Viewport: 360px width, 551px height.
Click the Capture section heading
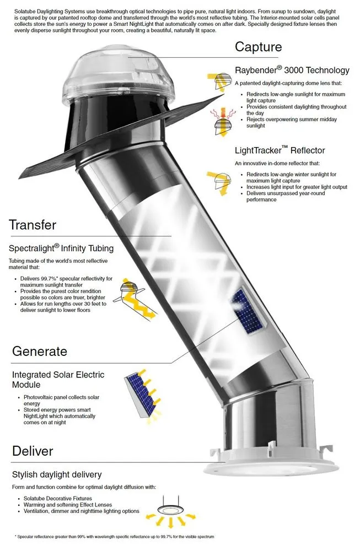pyautogui.click(x=258, y=47)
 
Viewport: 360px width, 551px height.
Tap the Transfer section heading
pyautogui.click(x=32, y=225)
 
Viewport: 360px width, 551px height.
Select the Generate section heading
pyautogui.click(x=39, y=351)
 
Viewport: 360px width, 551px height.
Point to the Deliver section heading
pyautogui.click(x=33, y=451)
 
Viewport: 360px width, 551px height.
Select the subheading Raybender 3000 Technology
pyautogui.click(x=292, y=70)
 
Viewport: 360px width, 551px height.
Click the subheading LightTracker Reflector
pyautogui.click(x=280, y=150)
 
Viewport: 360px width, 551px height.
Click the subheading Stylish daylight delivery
pyautogui.click(x=57, y=474)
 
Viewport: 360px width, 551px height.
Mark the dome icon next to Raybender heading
pyautogui.click(x=219, y=83)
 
